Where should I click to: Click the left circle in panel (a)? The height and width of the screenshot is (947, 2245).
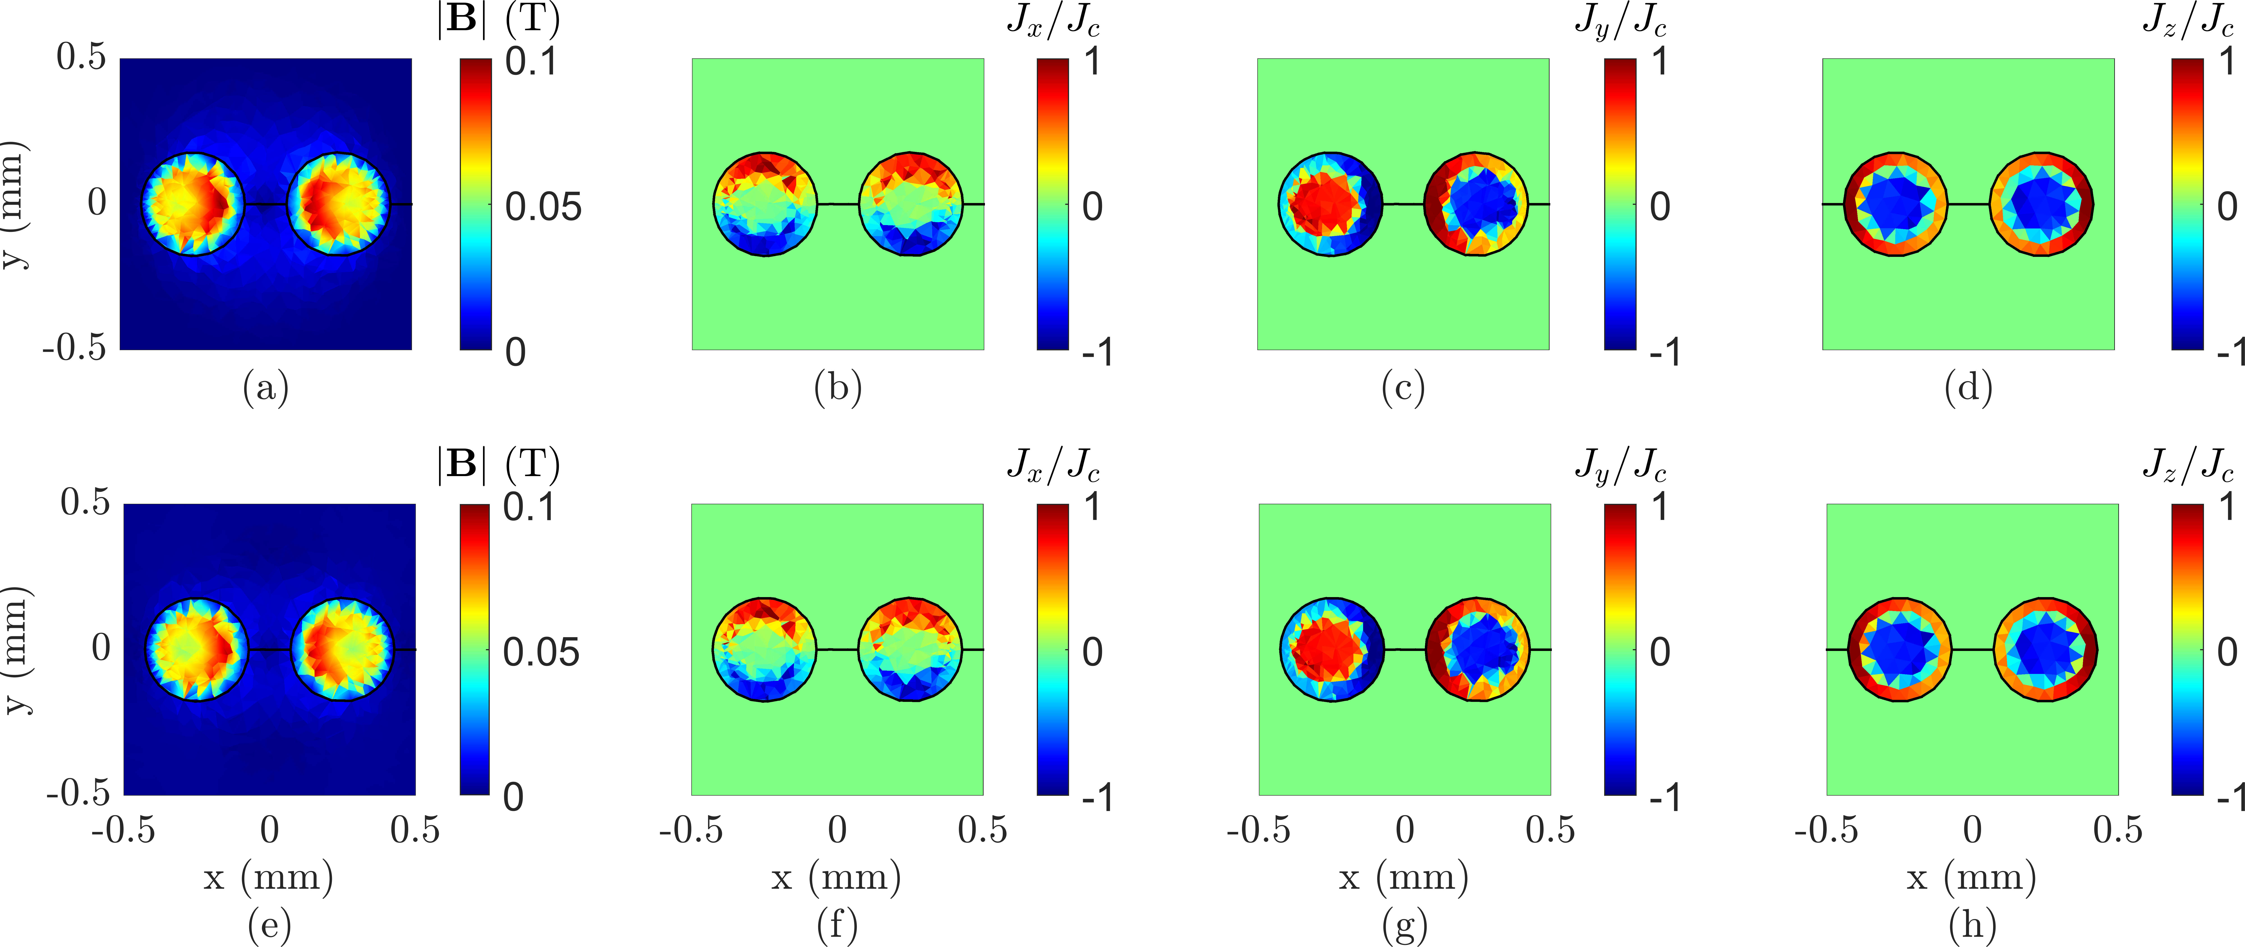click(x=193, y=204)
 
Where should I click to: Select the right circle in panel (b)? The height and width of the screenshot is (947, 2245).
click(x=911, y=204)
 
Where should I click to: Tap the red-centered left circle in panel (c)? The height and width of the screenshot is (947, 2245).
click(x=1331, y=204)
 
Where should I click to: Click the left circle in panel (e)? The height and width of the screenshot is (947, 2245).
click(x=196, y=649)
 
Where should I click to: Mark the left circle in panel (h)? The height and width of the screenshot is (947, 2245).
click(x=1900, y=649)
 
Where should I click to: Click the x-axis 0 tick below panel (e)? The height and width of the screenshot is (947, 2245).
click(x=269, y=830)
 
